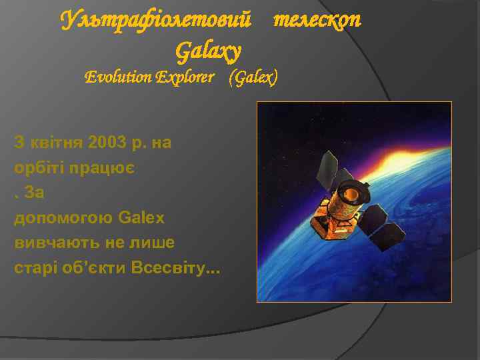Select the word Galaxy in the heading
coord(207,49)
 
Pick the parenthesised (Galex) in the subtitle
coord(253,77)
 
